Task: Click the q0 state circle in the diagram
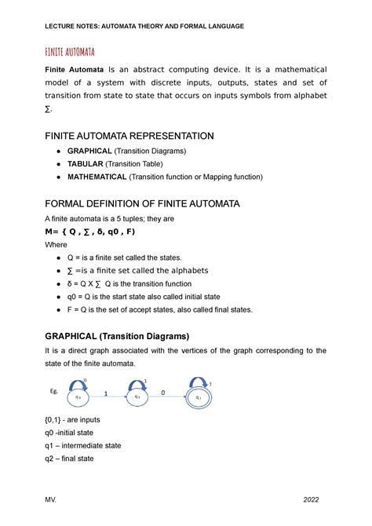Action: point(78,397)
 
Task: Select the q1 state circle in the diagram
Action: point(137,397)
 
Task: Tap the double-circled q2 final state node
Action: point(199,397)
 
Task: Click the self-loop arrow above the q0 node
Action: point(77,382)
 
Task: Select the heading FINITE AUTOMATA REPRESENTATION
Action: point(128,136)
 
